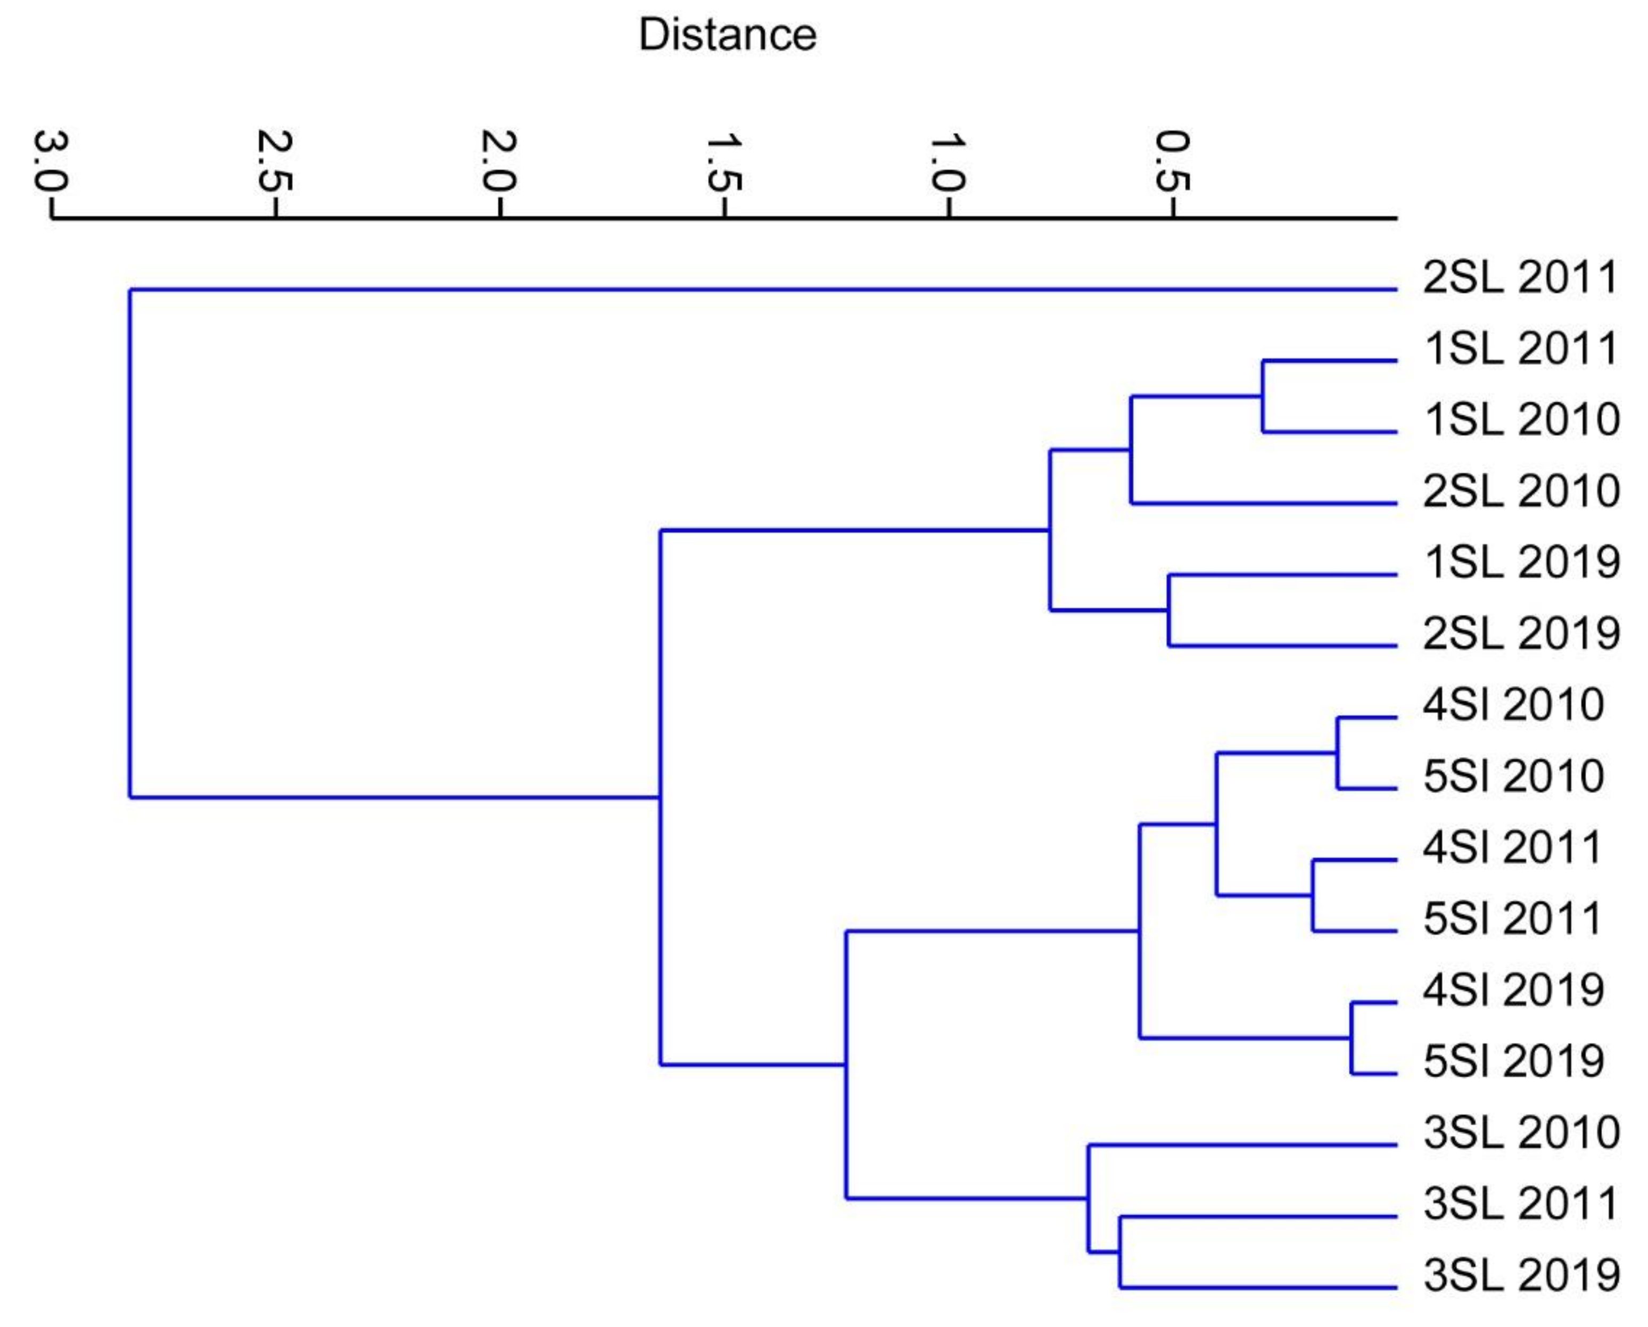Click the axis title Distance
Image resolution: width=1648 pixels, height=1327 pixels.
click(727, 35)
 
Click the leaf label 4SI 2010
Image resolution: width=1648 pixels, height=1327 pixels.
click(1513, 705)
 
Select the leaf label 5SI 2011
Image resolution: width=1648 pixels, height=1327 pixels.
click(1513, 919)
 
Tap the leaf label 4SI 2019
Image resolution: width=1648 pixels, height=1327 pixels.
click(1513, 991)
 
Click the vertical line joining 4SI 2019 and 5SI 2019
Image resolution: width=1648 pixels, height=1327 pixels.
click(1352, 1038)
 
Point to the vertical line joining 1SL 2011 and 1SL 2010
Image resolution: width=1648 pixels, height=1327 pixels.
click(1263, 396)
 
